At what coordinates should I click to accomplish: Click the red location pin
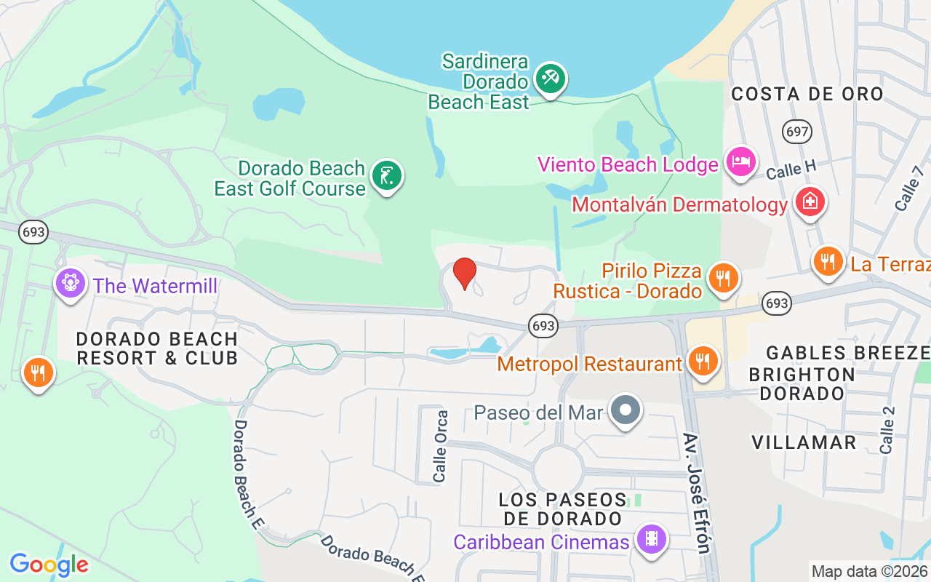pyautogui.click(x=465, y=273)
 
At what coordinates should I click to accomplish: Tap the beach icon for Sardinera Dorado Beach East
pyautogui.click(x=550, y=78)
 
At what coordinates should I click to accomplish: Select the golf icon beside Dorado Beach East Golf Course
pyautogui.click(x=386, y=175)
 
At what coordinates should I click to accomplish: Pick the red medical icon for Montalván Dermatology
pyautogui.click(x=809, y=202)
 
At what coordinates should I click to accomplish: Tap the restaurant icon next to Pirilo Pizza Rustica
pyautogui.click(x=722, y=277)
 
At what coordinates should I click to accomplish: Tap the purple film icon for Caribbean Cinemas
pyautogui.click(x=650, y=539)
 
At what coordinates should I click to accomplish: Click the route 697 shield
pyautogui.click(x=797, y=132)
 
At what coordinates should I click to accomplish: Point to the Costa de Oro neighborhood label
pyautogui.click(x=807, y=94)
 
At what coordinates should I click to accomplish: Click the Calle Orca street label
pyautogui.click(x=440, y=446)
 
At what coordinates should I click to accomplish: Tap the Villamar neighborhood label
pyautogui.click(x=804, y=442)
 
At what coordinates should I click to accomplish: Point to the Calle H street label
pyautogui.click(x=791, y=171)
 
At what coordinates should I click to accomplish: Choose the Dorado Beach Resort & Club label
pyautogui.click(x=157, y=348)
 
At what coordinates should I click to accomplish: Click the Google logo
pyautogui.click(x=49, y=565)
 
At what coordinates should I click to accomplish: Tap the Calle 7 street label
pyautogui.click(x=909, y=188)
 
